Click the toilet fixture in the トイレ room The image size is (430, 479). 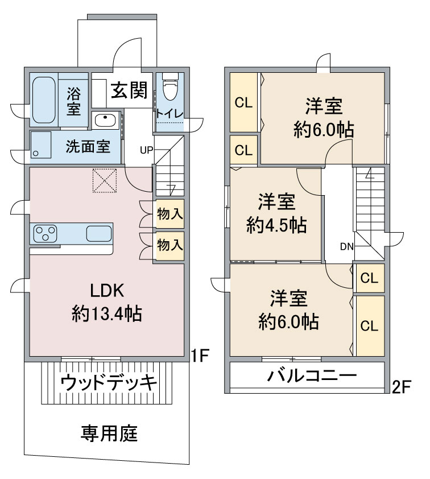(x=170, y=86)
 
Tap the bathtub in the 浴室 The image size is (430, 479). (x=44, y=100)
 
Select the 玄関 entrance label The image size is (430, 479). (x=129, y=90)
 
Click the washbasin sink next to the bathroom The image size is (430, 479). (x=106, y=119)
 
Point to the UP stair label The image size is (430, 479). (x=146, y=150)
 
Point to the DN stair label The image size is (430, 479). (x=347, y=246)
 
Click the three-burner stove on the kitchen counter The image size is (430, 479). (x=45, y=233)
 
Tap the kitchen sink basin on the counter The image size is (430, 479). (x=99, y=234)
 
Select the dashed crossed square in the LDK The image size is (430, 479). (x=105, y=180)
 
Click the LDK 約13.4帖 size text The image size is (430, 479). (x=107, y=313)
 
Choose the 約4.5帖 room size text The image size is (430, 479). (x=276, y=225)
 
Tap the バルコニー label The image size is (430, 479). (x=312, y=375)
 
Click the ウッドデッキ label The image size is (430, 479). (x=109, y=382)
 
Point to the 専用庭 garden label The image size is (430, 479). (x=109, y=433)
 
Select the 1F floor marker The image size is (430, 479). (x=200, y=356)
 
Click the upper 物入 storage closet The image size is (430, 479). (x=170, y=213)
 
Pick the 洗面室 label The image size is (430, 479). (x=88, y=147)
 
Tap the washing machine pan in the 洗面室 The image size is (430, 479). (x=41, y=145)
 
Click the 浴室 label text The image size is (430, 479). (x=73, y=101)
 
